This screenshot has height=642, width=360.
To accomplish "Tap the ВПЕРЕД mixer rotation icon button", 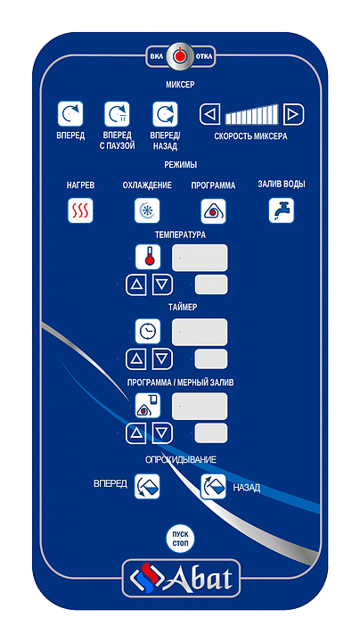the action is [70, 114].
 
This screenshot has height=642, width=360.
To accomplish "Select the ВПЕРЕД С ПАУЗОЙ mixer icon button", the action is [117, 114].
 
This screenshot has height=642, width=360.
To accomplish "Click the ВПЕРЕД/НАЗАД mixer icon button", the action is [165, 114].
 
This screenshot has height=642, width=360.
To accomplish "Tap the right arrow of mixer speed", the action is [293, 114].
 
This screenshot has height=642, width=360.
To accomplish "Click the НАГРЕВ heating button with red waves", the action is [80, 210].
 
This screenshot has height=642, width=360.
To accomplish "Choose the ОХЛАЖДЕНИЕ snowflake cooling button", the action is [147, 210].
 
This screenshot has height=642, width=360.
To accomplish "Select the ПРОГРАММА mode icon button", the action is [214, 210].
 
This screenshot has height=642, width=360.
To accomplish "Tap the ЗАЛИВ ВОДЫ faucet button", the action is [282, 210].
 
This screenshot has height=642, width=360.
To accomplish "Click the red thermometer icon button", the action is [148, 257].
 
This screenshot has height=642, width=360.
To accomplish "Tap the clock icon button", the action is [148, 331].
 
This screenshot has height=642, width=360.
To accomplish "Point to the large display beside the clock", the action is [200, 332].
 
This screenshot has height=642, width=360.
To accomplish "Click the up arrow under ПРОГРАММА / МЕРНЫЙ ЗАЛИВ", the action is [135, 433].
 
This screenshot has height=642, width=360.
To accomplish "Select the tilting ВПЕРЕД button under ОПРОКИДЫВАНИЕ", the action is [147, 487].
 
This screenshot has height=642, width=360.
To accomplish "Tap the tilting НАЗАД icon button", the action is [214, 487].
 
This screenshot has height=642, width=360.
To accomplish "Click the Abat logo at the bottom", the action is [181, 578].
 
